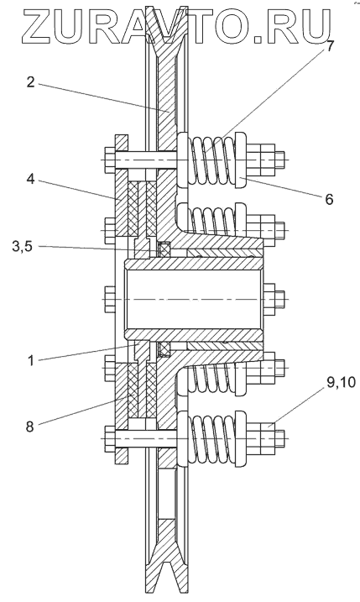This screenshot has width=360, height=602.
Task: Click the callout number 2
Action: click(32, 82)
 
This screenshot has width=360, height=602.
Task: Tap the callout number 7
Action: click(330, 46)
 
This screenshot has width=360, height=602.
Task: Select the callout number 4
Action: click(31, 179)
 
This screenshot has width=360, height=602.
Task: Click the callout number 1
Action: click(32, 361)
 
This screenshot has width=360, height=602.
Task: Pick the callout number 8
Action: click(30, 427)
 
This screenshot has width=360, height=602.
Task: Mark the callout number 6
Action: click(329, 199)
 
